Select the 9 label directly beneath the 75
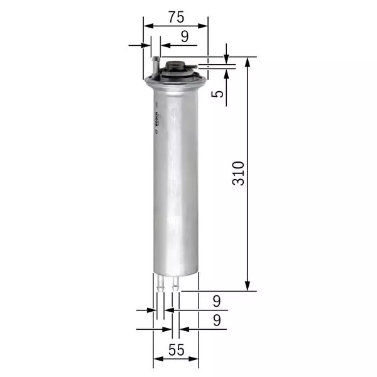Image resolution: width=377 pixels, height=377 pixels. pos(185,36)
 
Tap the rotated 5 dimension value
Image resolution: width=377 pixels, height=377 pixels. pos(217,94)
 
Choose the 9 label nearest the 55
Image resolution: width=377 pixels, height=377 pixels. pos(217,320)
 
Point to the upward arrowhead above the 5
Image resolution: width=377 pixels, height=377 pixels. pos(226,70)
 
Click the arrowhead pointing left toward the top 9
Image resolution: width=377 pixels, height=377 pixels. pos(163,45)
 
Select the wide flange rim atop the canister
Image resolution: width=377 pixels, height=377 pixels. pos(175,80)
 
